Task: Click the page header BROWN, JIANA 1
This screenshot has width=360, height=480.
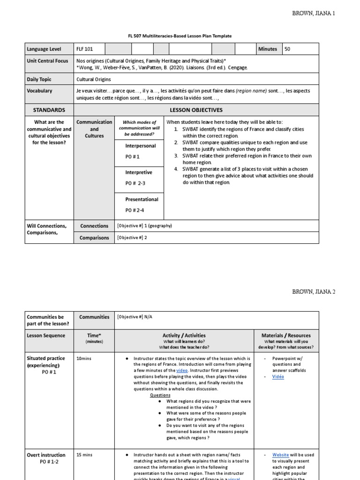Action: tap(313, 13)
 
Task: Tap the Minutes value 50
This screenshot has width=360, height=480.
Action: tap(287, 49)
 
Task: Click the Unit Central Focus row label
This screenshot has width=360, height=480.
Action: tap(47, 60)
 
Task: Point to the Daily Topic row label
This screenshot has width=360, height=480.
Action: tap(39, 80)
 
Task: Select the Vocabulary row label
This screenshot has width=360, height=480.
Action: tap(40, 91)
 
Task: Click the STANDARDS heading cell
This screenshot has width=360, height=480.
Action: tap(49, 110)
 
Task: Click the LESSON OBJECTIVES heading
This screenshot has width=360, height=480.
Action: tap(216, 110)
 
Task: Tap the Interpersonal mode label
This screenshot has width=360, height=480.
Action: tap(141, 146)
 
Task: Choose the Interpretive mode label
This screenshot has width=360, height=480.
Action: tap(139, 172)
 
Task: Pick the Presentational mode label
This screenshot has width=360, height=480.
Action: tap(142, 199)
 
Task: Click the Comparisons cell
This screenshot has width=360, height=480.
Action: tap(94, 238)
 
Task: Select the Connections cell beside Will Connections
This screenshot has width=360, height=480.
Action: tap(94, 226)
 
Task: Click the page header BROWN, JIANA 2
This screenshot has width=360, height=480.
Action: tap(313, 292)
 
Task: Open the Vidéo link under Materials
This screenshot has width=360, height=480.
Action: tap(278, 376)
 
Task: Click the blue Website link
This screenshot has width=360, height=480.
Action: tap(280, 455)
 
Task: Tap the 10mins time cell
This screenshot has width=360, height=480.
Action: tap(85, 358)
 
